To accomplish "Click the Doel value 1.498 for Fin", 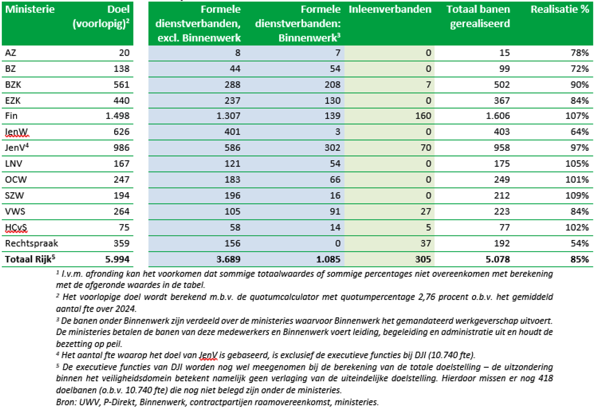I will point(118,116).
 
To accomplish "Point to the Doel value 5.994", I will point(118,259).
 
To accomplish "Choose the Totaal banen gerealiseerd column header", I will point(478,16).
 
